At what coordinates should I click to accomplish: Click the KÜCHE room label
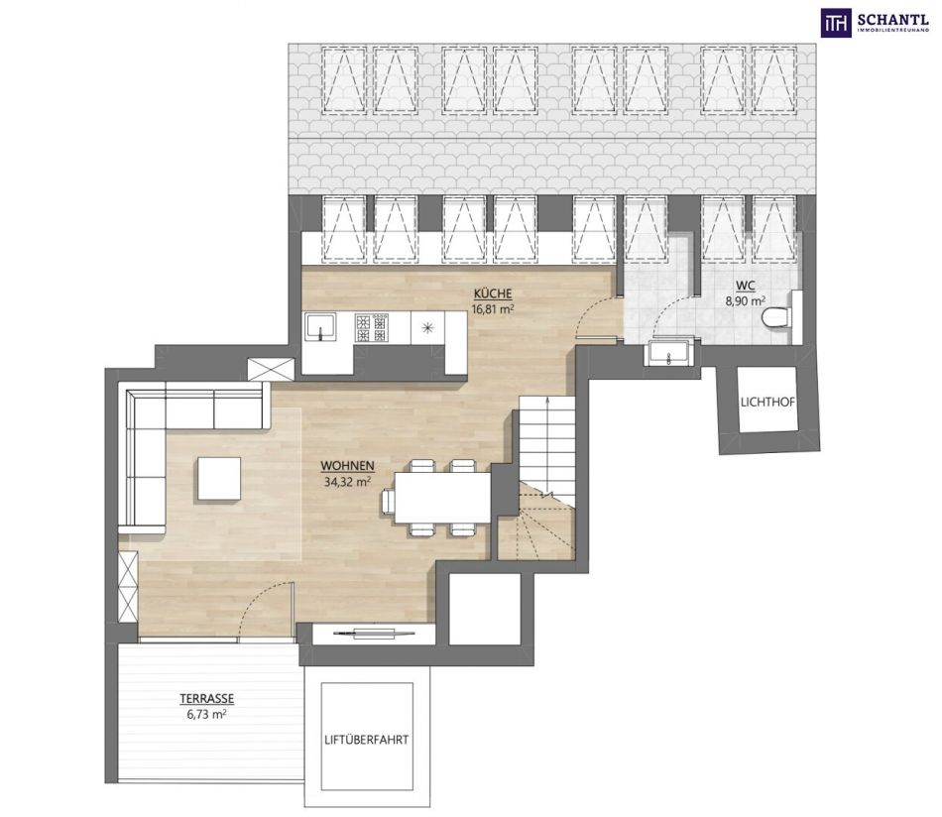[x=493, y=293]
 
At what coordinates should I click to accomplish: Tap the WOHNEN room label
[x=347, y=466]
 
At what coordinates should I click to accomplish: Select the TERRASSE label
[x=206, y=699]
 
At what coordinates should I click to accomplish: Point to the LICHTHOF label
[x=767, y=403]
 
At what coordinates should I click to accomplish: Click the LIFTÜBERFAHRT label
[x=367, y=740]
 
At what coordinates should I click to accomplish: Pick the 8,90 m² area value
[x=746, y=301]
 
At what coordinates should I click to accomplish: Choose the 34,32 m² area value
[x=347, y=481]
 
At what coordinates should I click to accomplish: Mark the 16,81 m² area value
[x=493, y=309]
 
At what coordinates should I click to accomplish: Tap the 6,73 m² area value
[x=206, y=714]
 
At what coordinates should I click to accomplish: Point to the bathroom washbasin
[x=668, y=353]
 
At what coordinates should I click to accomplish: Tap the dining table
[x=443, y=498]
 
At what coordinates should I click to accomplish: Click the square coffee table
[x=219, y=478]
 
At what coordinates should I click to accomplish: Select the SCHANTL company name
[x=893, y=18]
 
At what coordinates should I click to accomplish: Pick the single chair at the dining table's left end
[x=388, y=500]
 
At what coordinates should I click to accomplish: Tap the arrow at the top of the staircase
[x=547, y=401]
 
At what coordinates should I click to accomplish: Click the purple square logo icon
[x=836, y=22]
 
